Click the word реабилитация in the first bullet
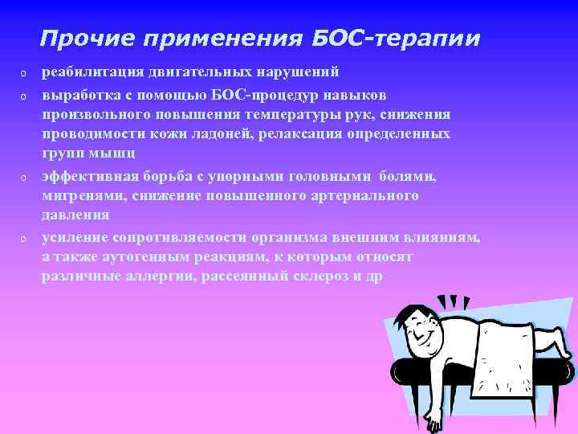coord(92,72)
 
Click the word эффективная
coord(88,175)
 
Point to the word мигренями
coord(79,195)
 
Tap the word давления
coord(75,215)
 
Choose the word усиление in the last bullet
coord(75,237)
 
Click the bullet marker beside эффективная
coord(24,176)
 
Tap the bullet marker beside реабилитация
coord(24,73)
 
